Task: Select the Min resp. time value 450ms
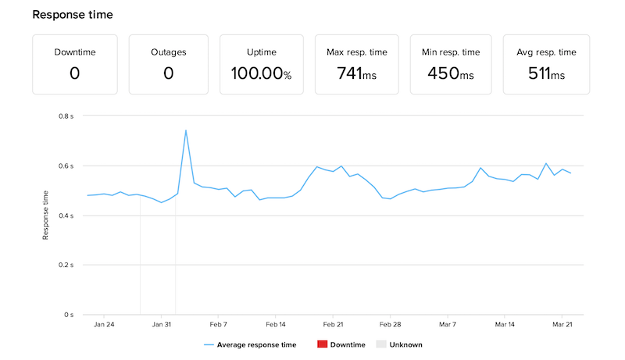pyautogui.click(x=451, y=74)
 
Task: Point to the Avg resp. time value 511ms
pyautogui.click(x=546, y=74)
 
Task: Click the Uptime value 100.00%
pyautogui.click(x=261, y=74)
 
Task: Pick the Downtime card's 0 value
pyautogui.click(x=76, y=74)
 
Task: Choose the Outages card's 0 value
pyautogui.click(x=168, y=74)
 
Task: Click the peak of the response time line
pyautogui.click(x=186, y=130)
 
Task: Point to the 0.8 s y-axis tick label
pyautogui.click(x=66, y=116)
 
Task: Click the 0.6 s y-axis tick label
pyautogui.click(x=66, y=166)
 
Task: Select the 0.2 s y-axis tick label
pyautogui.click(x=66, y=266)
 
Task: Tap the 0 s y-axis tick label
pyautogui.click(x=69, y=315)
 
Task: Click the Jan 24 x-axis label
pyautogui.click(x=104, y=323)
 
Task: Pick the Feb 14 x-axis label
pyautogui.click(x=276, y=323)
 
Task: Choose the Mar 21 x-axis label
pyautogui.click(x=562, y=323)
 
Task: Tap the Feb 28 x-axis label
pyautogui.click(x=390, y=323)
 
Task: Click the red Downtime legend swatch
pyautogui.click(x=323, y=344)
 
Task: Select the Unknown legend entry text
pyautogui.click(x=406, y=344)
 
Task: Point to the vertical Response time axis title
pyautogui.click(x=47, y=215)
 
